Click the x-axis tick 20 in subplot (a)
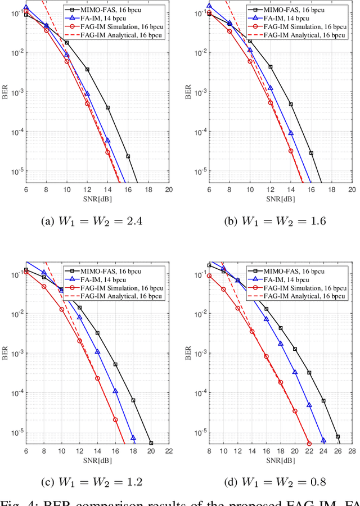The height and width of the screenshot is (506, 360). point(169,191)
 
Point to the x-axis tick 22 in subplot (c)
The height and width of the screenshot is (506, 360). point(169,451)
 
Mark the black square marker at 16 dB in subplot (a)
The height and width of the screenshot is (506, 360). point(128,156)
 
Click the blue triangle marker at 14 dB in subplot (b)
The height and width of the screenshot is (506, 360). point(291,133)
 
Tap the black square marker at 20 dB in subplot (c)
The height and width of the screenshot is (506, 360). point(151,443)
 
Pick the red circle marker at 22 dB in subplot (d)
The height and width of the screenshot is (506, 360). point(309,444)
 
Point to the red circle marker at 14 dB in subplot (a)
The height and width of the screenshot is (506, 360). point(107,152)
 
